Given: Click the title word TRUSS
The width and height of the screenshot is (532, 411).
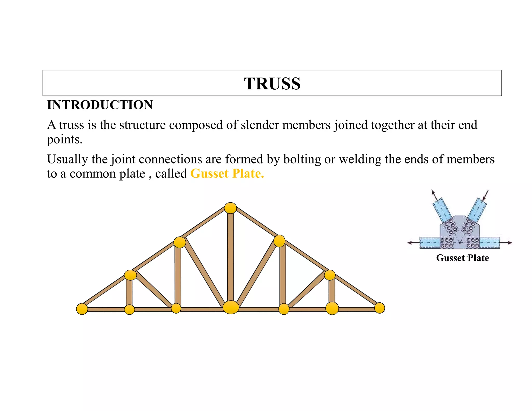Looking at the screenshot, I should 272,84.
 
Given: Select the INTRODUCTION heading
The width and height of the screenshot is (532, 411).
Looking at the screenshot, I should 100,105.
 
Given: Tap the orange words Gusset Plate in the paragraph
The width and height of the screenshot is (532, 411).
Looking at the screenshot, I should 227,174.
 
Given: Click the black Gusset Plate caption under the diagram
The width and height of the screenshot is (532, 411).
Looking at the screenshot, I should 462,258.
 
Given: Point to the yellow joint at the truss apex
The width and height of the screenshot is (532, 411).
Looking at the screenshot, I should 230,208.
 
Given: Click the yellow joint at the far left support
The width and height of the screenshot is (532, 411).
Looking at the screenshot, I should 82,309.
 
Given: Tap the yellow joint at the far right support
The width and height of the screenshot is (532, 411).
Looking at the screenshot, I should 380,308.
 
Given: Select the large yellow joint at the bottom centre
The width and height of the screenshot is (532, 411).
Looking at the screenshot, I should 231,307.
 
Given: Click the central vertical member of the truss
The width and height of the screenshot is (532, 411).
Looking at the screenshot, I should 230,257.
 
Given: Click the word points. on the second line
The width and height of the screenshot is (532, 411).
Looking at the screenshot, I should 64,140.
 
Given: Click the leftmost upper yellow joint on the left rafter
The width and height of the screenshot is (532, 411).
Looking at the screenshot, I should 130,275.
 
